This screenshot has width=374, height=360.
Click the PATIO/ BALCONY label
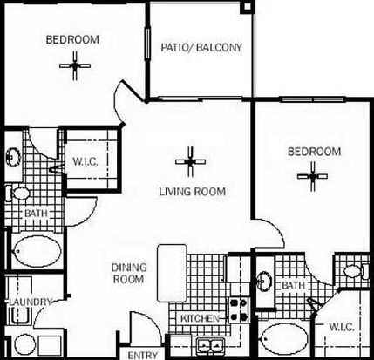pos(201,47)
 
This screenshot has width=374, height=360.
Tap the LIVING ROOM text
pos(193,192)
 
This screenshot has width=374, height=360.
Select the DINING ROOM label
pos(128,273)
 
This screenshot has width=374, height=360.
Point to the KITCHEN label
pos(200,318)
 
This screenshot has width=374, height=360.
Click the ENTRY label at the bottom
pos(143,356)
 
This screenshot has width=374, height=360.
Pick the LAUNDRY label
pos(31,302)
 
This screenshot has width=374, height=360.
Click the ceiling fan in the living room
pos(190,161)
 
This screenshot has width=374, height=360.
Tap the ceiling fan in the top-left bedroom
pos(75,66)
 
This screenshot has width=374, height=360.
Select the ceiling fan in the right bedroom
pos(312,176)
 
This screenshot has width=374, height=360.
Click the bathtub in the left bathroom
pos(37,251)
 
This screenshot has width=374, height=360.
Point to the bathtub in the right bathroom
pos(283,338)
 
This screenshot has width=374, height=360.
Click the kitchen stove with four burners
pos(239,309)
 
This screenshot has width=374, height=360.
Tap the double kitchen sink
pos(210,345)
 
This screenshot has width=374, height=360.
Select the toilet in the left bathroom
pos(18,193)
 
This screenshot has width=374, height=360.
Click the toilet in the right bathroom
pos(355,271)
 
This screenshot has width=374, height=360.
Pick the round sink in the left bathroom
pos(12,157)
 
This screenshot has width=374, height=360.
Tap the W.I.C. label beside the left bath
pos(85,161)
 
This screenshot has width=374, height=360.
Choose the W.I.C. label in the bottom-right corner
pos(342,327)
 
